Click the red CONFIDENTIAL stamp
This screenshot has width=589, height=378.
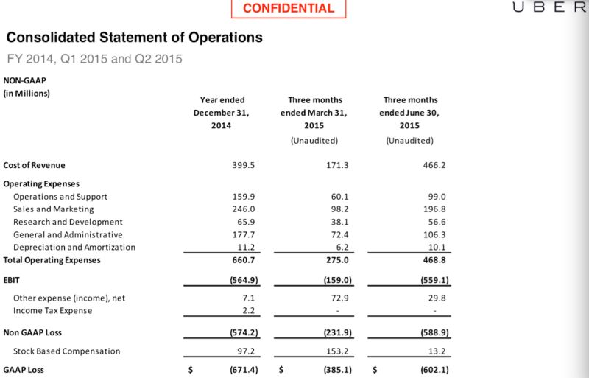[288, 9]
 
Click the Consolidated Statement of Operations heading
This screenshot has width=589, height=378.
[134, 36]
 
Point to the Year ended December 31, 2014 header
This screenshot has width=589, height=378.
[222, 113]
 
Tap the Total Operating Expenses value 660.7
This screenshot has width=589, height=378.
[243, 260]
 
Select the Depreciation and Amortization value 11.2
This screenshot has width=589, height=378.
[244, 248]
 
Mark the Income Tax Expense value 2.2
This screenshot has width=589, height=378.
[247, 311]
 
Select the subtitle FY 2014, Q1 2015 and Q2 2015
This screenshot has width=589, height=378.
[94, 58]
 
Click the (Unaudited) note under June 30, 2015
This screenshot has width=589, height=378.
[410, 140]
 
